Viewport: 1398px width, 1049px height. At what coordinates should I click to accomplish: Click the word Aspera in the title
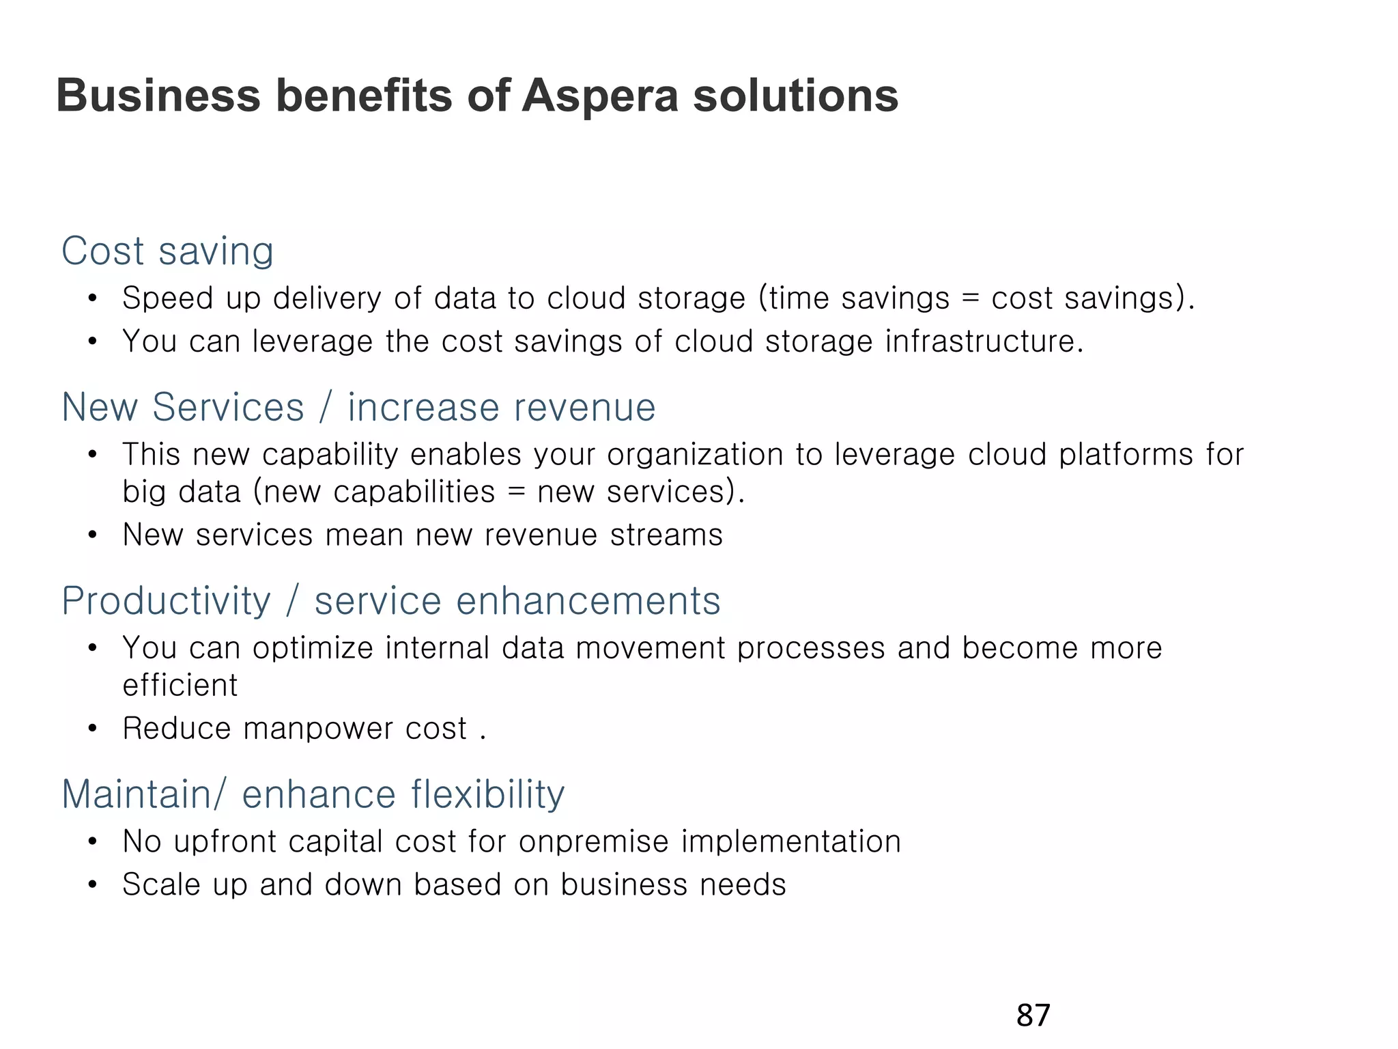pos(600,96)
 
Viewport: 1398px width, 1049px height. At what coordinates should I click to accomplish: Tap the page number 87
pos(1033,1016)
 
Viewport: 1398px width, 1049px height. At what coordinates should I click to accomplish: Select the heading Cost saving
pos(167,251)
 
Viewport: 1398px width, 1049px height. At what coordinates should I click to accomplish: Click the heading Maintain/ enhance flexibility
pos(313,794)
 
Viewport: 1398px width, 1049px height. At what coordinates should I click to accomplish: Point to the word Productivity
pos(166,602)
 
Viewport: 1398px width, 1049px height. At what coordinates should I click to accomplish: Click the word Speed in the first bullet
pos(168,298)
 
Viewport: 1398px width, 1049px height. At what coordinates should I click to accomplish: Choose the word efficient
pos(180,685)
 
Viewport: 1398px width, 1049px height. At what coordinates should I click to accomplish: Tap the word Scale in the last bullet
pos(161,884)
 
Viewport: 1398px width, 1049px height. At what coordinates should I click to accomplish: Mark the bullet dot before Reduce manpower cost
pos(93,729)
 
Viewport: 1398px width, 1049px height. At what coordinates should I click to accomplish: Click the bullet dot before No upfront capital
pos(93,842)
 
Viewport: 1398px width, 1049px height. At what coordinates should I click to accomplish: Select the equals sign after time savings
pos(970,299)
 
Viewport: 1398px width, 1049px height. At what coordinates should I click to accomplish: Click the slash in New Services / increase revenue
pos(326,408)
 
